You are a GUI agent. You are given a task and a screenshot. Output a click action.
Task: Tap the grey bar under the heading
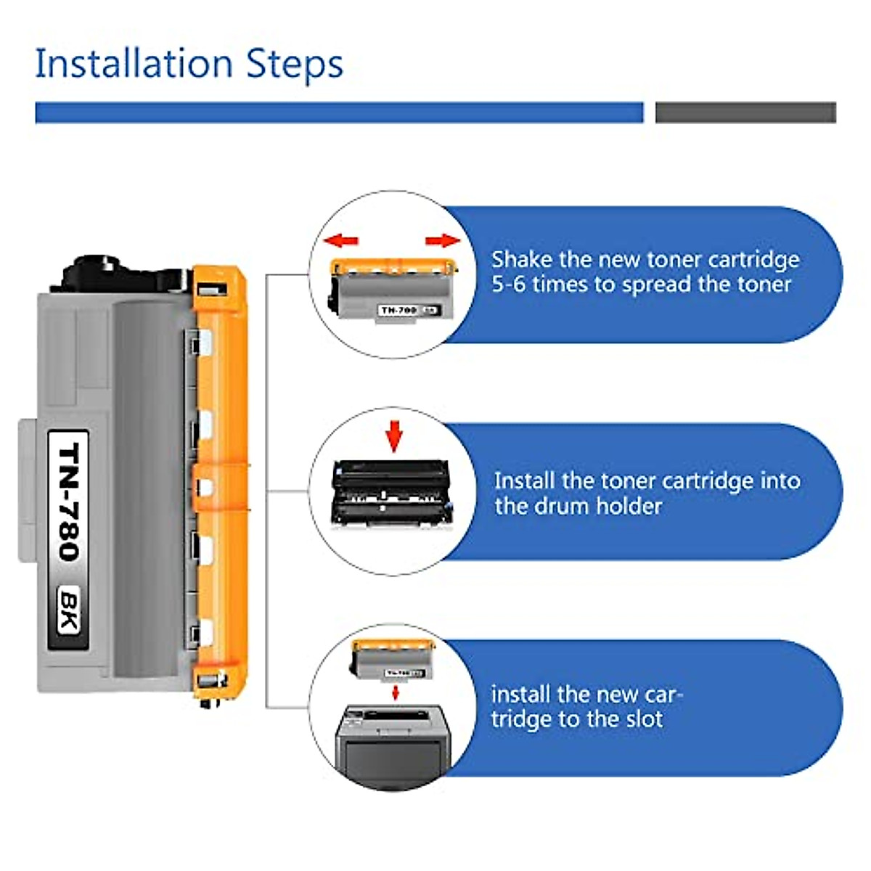point(745,113)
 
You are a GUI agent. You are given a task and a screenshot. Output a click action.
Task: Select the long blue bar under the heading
point(339,113)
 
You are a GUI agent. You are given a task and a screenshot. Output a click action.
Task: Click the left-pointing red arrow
point(341,240)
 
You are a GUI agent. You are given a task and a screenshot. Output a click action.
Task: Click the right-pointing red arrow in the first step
point(443,240)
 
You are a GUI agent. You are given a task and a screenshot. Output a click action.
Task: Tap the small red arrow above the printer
point(396,692)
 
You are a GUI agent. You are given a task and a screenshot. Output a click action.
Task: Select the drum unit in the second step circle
point(390,493)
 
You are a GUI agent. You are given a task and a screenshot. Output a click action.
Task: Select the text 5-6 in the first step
point(508,284)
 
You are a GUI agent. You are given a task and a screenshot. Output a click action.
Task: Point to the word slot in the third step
point(642,719)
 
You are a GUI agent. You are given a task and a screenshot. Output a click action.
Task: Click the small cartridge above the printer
point(393,661)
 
